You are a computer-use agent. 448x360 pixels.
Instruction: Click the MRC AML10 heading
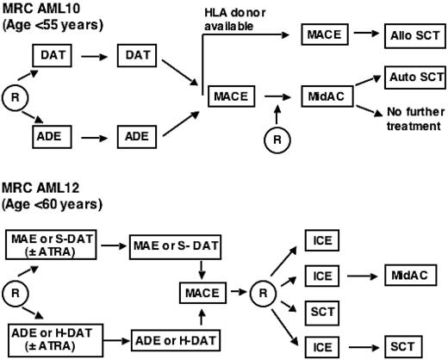coord(41,8)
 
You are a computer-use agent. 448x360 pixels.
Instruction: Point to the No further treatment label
coord(408,119)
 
